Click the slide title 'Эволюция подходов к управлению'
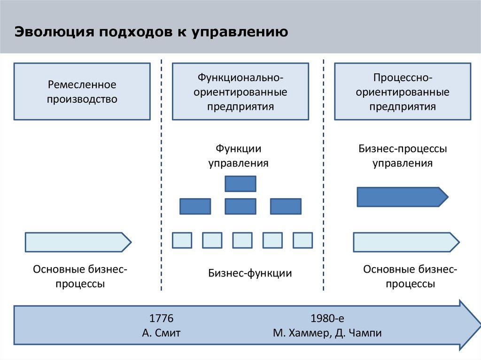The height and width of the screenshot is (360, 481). click(x=151, y=33)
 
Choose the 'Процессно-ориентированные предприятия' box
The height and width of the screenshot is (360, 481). click(x=402, y=92)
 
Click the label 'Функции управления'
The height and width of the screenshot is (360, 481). click(x=239, y=156)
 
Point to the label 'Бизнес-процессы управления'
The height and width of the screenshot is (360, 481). click(x=403, y=156)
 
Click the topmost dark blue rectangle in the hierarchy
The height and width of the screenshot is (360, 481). click(x=240, y=184)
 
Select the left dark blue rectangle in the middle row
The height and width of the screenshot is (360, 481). click(x=195, y=207)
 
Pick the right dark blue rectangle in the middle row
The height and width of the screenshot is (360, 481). click(x=286, y=207)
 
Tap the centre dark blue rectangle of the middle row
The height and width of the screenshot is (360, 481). click(x=240, y=207)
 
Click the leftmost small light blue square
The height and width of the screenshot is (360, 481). click(x=182, y=240)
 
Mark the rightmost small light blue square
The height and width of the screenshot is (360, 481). click(x=303, y=240)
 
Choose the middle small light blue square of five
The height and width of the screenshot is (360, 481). click(x=242, y=240)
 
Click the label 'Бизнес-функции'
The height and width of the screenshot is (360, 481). click(x=250, y=273)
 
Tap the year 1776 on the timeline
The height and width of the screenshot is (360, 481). click(x=161, y=319)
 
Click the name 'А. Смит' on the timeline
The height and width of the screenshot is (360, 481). click(x=161, y=334)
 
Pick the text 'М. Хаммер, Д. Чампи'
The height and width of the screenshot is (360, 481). click(x=327, y=334)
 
